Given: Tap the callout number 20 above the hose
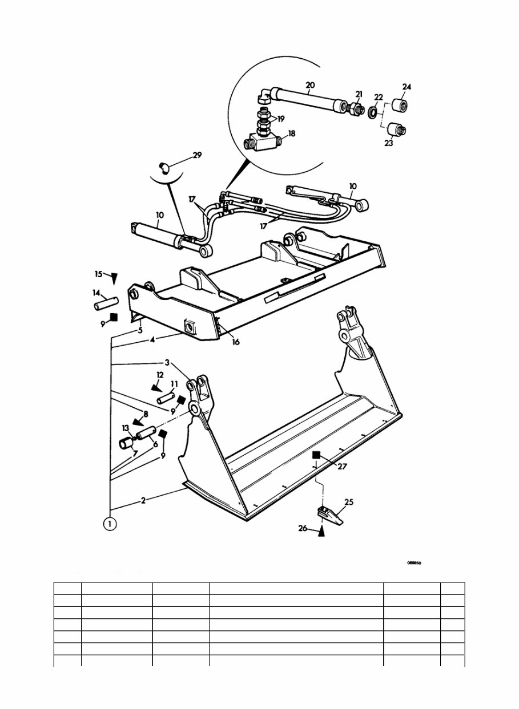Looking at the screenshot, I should click(309, 86).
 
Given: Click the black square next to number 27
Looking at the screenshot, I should click(316, 455).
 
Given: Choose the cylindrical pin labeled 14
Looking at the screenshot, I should click(104, 302).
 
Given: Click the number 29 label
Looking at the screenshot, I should click(197, 155).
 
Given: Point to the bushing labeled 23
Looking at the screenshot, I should click(396, 130).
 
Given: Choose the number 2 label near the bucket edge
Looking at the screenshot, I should click(143, 501).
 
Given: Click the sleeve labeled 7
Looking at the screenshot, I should click(126, 444).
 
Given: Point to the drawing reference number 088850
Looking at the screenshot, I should click(414, 562).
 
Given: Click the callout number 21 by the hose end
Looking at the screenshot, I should click(359, 94).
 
